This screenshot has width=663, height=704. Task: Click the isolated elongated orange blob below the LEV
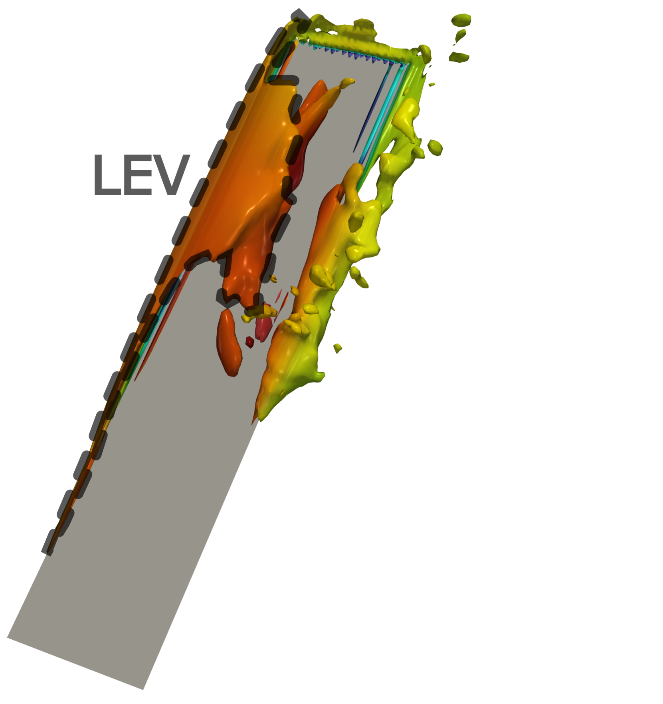click(x=229, y=343)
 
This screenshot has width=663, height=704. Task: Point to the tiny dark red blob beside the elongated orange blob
click(x=249, y=342)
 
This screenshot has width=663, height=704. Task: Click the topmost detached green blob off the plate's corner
click(x=461, y=19)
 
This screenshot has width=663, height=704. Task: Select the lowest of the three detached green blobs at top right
click(x=459, y=58)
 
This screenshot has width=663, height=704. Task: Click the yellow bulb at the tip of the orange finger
click(x=347, y=82)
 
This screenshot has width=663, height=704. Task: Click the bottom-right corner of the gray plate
click(x=143, y=689)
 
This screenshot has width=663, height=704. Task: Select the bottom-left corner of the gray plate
click(x=8, y=637)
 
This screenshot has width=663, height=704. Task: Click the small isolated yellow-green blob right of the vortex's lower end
click(x=338, y=348)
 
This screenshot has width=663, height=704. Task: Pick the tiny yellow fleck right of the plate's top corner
click(x=431, y=85)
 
